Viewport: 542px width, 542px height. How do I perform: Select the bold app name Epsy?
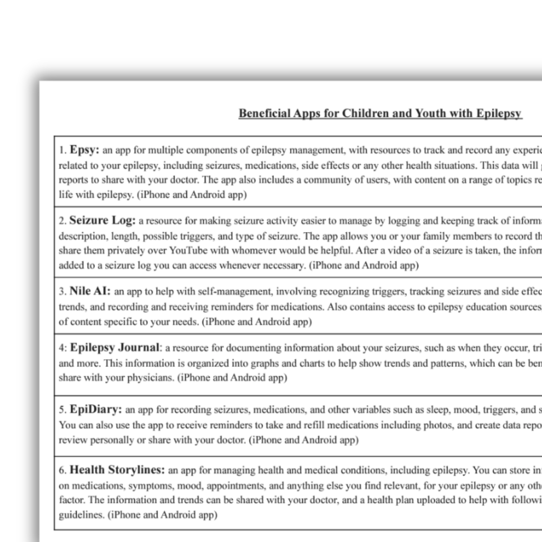[84, 150]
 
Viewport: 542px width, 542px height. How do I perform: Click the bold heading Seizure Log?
[103, 220]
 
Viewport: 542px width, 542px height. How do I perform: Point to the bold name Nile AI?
[90, 291]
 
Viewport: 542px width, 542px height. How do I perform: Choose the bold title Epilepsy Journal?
[115, 348]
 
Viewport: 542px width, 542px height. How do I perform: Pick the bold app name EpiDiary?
[96, 409]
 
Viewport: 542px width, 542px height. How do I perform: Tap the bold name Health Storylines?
[117, 470]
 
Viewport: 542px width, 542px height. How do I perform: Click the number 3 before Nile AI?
[62, 292]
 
